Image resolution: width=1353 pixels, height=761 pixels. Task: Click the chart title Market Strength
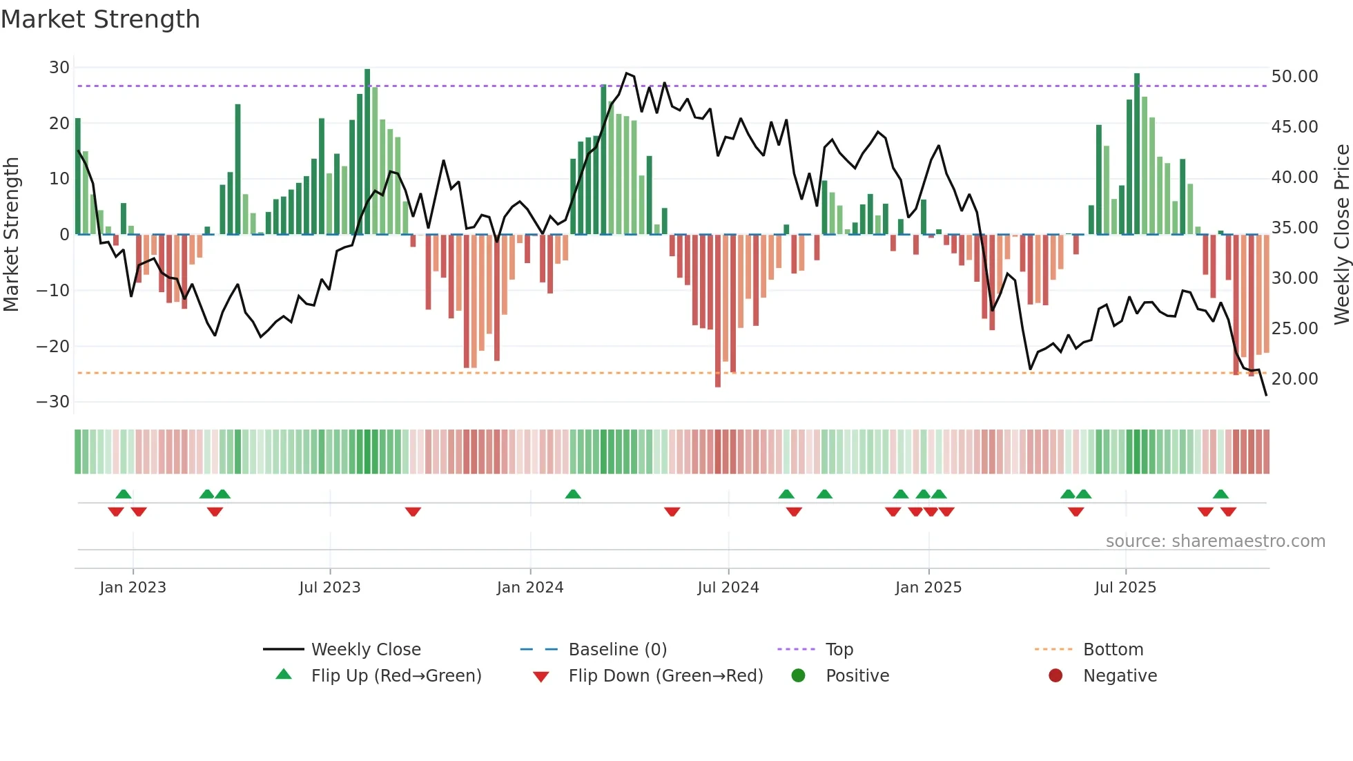(x=100, y=19)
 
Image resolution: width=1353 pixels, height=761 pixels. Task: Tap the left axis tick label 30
(x=59, y=68)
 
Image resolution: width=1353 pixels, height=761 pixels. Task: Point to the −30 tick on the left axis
(x=54, y=402)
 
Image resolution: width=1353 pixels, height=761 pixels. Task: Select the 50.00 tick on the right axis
(x=1294, y=77)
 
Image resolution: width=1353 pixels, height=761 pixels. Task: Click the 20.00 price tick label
(x=1294, y=379)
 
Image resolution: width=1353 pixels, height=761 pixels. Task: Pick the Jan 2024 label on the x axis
(x=530, y=588)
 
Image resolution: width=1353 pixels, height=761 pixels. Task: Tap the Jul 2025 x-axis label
(x=1125, y=588)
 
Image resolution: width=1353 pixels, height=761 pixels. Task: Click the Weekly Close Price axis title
(x=1341, y=235)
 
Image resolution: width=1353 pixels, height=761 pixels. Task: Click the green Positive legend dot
(x=799, y=676)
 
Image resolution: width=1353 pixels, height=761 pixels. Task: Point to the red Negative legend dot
(x=1055, y=676)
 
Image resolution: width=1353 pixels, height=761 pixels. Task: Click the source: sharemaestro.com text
(x=1215, y=541)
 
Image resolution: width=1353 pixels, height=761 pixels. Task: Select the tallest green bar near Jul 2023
(x=367, y=152)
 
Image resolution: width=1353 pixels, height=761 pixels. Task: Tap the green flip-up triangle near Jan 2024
(x=573, y=494)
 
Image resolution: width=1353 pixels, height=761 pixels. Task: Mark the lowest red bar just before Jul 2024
(x=718, y=311)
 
